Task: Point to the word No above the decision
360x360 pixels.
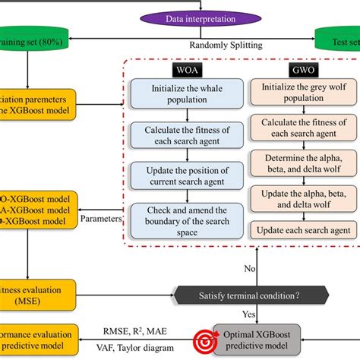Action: (250, 268)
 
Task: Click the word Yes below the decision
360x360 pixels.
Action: (248, 314)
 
